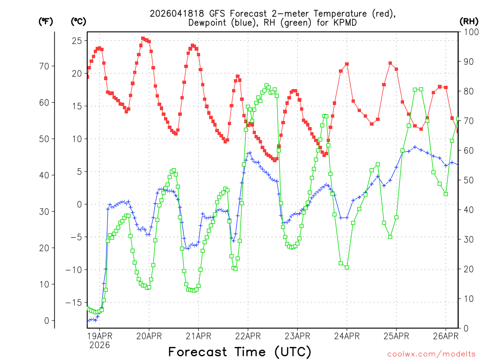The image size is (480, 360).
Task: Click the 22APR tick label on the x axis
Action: (x=247, y=336)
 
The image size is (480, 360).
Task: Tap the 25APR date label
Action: (x=396, y=336)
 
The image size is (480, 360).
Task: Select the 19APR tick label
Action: (x=99, y=336)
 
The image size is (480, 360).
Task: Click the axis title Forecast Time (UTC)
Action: (x=240, y=352)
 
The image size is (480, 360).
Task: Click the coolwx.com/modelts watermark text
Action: (x=431, y=353)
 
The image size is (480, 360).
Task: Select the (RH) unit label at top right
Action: (x=469, y=21)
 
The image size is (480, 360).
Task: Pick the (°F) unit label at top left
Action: (x=45, y=21)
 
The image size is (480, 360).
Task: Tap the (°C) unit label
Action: (x=78, y=21)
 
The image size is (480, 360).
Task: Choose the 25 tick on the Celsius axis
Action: (x=76, y=41)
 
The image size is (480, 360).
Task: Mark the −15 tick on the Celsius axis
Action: (x=74, y=302)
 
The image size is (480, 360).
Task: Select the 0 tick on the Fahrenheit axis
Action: (x=46, y=321)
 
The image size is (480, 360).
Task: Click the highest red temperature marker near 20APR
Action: (x=143, y=39)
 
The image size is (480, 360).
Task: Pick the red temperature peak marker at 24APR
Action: (x=347, y=64)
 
